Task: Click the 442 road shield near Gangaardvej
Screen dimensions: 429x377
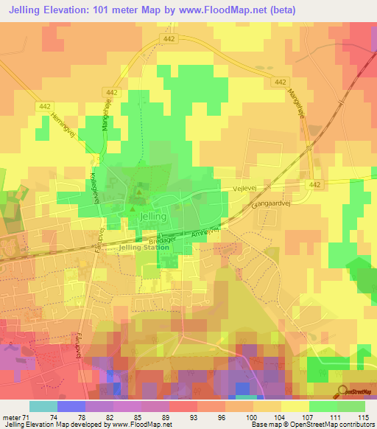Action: click(315, 184)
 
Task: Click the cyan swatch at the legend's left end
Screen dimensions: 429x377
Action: click(43, 406)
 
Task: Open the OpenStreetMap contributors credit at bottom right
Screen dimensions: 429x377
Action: click(321, 425)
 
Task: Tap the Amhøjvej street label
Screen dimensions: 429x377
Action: click(205, 233)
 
